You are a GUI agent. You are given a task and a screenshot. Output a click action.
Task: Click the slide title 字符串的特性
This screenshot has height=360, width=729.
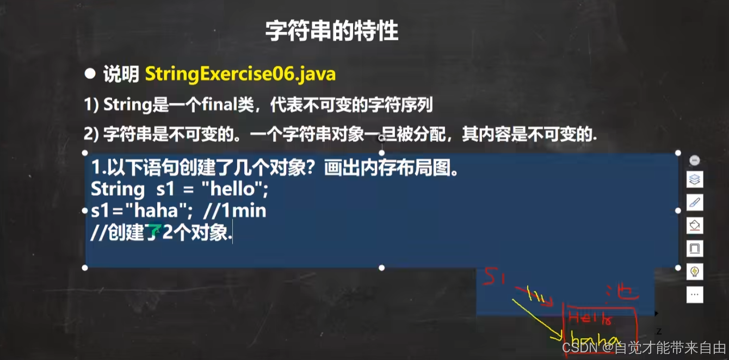point(332,32)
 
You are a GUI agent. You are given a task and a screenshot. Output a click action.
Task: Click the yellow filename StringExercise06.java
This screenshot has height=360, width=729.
point(240,74)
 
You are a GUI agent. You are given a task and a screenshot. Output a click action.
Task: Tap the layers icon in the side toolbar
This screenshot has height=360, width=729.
point(695,179)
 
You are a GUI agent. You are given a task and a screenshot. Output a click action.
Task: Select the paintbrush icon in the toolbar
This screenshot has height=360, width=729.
point(695,202)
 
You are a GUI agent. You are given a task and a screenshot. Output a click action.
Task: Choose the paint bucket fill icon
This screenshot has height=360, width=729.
point(695,225)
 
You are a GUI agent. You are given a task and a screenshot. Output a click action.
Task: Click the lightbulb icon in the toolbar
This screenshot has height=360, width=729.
point(695,271)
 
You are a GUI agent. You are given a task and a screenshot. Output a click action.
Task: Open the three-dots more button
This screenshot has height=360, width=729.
point(695,294)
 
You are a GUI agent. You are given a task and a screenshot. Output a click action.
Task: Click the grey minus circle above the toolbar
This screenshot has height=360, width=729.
point(694,160)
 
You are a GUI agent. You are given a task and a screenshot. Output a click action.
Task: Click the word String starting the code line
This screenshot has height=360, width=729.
point(118,189)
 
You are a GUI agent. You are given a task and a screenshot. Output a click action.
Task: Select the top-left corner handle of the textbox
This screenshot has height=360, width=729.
point(85,153)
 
